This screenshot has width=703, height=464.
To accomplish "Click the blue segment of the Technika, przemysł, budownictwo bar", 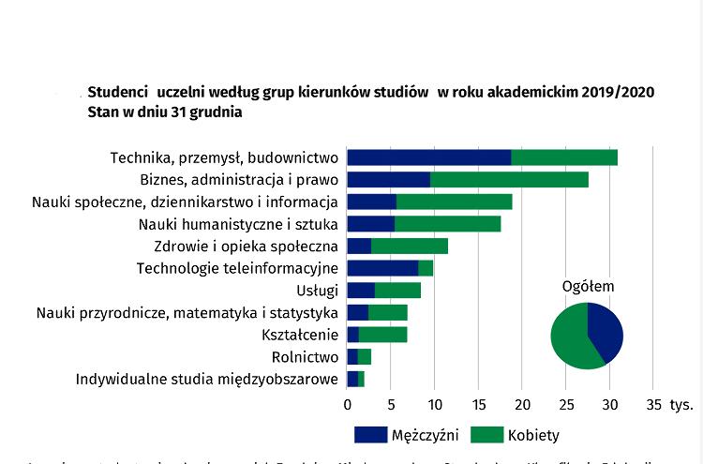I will [x=429, y=157].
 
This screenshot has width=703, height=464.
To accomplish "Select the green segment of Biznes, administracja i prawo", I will [x=509, y=180].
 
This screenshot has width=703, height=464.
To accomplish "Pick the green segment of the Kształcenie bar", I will [x=382, y=335].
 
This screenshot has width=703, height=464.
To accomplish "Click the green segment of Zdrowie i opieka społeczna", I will [x=410, y=247].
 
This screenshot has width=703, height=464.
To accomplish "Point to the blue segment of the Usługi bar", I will [x=361, y=291].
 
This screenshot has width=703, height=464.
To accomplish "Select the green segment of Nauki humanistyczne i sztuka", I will [x=448, y=224].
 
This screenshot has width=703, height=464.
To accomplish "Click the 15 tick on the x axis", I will [x=478, y=405].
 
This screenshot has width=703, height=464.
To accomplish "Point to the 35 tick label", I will [x=653, y=405].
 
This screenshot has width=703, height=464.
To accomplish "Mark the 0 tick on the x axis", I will [x=348, y=405].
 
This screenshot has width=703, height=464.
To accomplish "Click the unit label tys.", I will [x=681, y=405].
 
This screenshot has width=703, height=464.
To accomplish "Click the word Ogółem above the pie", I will [x=587, y=286].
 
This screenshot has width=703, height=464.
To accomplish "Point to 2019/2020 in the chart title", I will [x=617, y=93].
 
